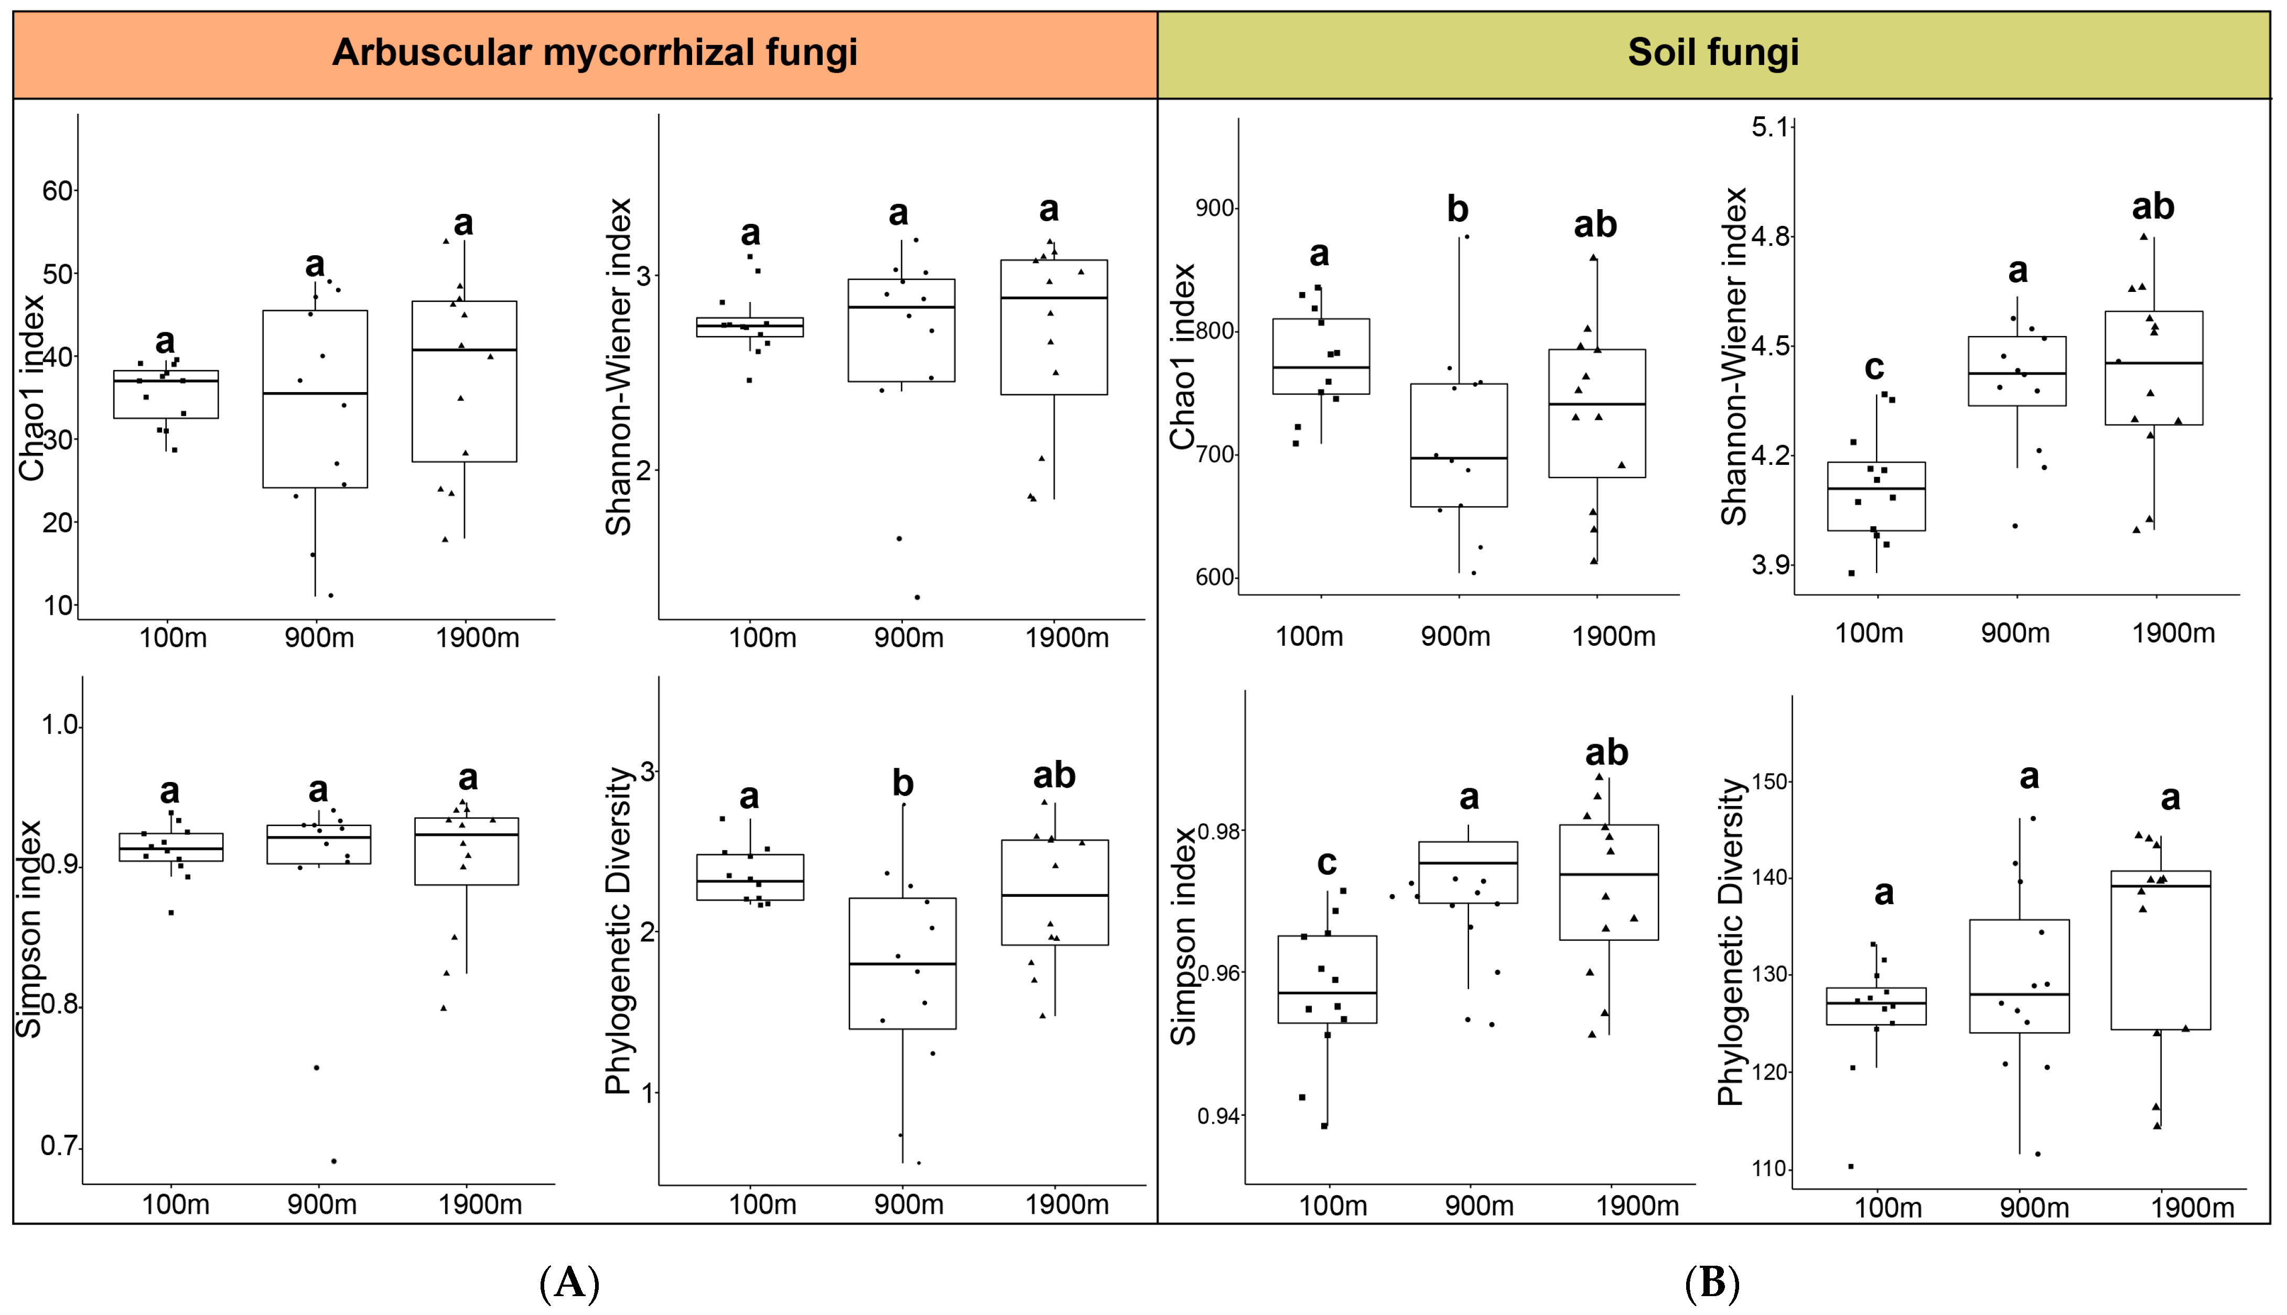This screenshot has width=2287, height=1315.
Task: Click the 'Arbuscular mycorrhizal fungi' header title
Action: coord(595,52)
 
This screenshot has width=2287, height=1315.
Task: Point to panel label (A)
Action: coord(569,1283)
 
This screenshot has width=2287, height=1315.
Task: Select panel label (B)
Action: coord(1712,1283)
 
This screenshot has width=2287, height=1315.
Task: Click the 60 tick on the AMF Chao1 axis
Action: coord(58,191)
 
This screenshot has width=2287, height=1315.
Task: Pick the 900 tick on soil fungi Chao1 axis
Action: coord(1215,209)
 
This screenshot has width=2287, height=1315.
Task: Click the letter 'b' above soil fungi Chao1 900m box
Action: coord(1458,210)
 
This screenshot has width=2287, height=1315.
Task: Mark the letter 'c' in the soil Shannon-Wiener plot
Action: coord(1874,367)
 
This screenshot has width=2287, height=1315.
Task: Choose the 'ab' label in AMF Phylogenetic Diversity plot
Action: coord(1054,776)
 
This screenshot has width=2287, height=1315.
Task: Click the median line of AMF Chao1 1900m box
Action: coord(464,350)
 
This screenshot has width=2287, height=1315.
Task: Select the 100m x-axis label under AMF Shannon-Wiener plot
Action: coord(762,638)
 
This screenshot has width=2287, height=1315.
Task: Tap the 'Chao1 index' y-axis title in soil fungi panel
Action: coord(1183,357)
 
